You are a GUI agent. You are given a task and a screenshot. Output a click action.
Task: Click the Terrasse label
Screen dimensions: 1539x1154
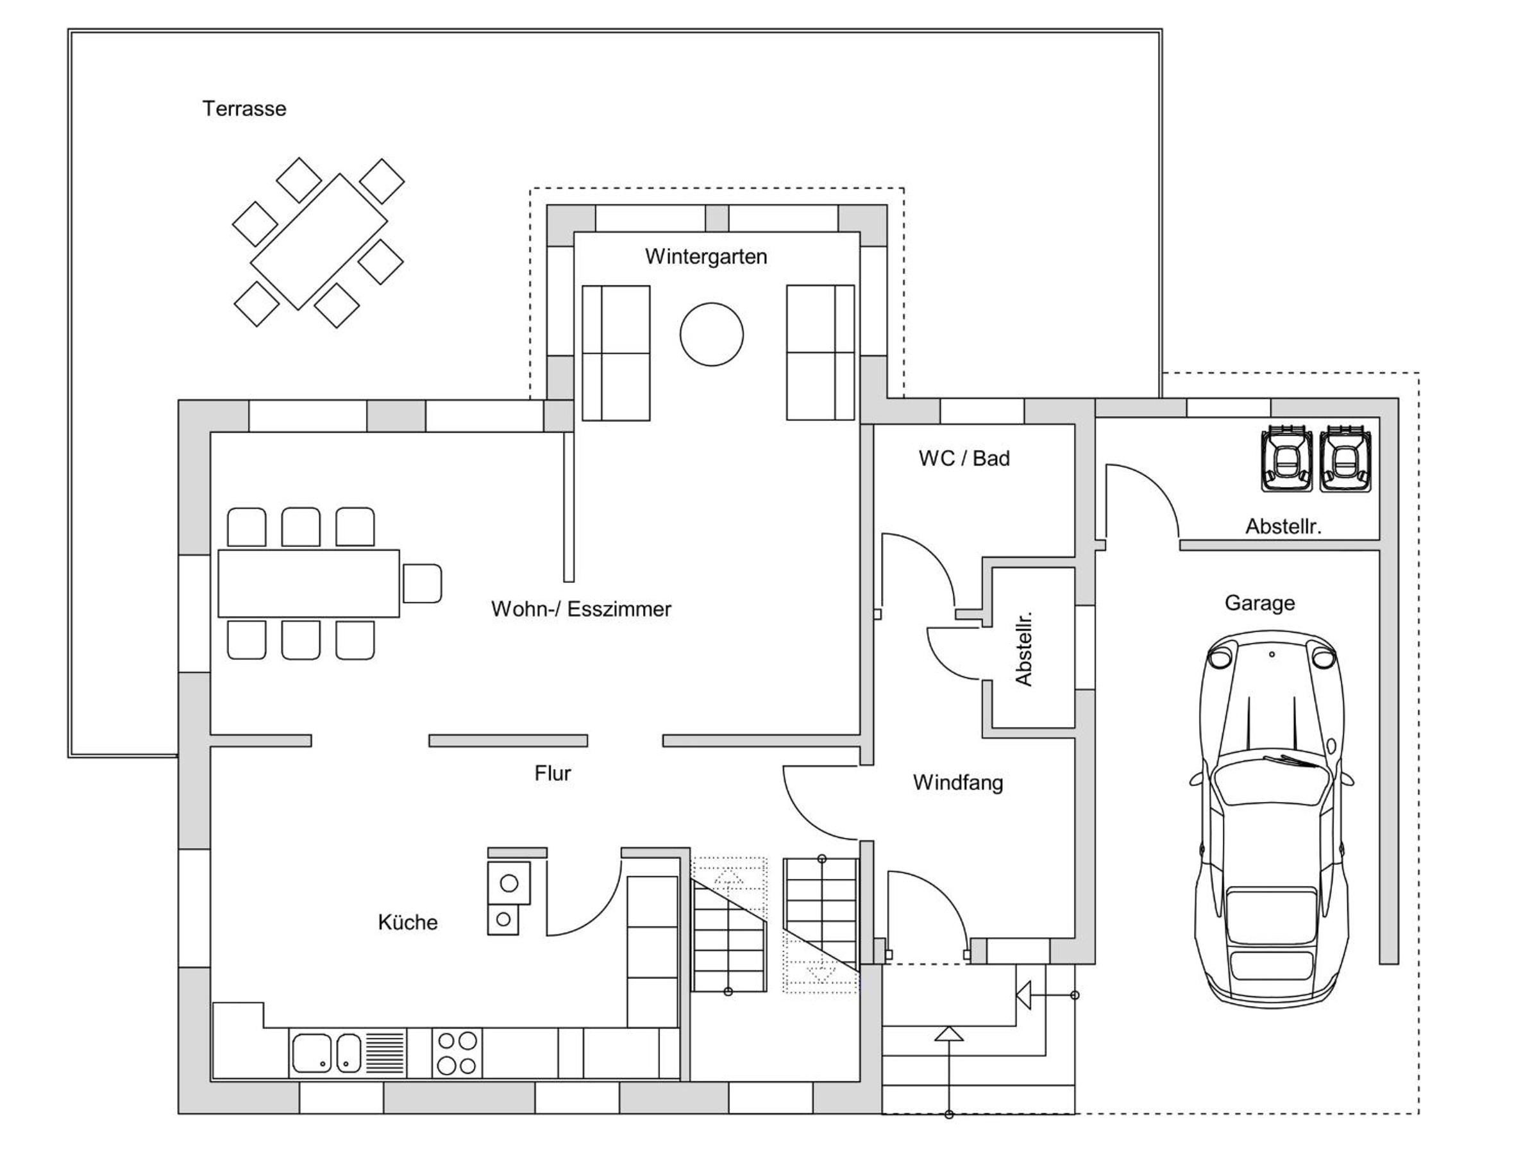click(x=244, y=108)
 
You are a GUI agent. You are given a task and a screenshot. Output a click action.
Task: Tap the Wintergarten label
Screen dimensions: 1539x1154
click(x=705, y=256)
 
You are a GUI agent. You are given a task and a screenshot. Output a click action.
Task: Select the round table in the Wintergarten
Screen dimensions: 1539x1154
click(x=711, y=335)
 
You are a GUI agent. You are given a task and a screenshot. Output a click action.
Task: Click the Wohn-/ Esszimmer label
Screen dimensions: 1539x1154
click(x=581, y=608)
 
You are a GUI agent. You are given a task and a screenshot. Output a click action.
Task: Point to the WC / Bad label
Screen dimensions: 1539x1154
click(x=964, y=458)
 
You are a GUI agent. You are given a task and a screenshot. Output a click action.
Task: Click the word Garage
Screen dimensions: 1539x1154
click(x=1259, y=603)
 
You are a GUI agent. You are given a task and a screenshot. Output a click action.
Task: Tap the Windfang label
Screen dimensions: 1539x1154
click(x=958, y=782)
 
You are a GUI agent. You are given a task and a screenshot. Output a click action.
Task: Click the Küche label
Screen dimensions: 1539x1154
click(x=408, y=922)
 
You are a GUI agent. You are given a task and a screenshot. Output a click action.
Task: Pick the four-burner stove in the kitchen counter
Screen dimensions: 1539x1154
click(x=457, y=1053)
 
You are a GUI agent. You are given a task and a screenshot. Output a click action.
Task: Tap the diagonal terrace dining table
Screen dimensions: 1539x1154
click(x=319, y=241)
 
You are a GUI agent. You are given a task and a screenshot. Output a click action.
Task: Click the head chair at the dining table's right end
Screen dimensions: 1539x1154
click(x=422, y=583)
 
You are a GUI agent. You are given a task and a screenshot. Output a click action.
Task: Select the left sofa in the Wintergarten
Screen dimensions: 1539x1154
click(x=616, y=353)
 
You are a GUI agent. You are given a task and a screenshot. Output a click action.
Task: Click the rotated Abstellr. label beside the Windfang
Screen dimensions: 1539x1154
click(x=1023, y=649)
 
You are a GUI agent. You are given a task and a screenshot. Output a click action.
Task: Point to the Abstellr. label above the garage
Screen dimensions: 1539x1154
click(x=1283, y=526)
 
